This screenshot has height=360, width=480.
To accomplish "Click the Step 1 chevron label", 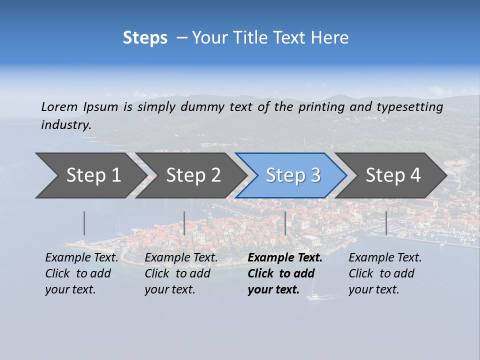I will (93, 175).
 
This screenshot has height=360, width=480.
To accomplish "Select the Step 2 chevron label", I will (193, 175).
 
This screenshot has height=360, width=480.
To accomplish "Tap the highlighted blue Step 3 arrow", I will (293, 175).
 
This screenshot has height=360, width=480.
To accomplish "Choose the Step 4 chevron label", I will (393, 175).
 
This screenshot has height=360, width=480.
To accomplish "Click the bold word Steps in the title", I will (145, 38).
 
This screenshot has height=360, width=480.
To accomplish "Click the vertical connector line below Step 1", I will (84, 223).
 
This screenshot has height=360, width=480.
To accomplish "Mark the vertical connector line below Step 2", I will (184, 223).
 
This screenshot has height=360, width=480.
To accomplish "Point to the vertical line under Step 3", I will (285, 223).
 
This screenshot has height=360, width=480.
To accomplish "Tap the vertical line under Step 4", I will (386, 223).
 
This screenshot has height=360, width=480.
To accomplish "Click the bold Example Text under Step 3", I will (285, 258).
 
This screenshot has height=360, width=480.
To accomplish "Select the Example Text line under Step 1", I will (81, 258).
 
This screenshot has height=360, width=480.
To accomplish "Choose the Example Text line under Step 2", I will (181, 258).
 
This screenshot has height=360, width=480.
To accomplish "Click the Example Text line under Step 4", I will (385, 258).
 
